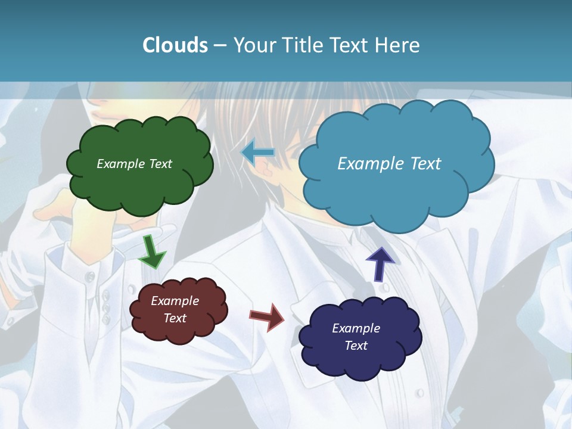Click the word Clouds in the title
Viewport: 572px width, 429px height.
coord(175,45)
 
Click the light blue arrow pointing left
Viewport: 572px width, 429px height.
coord(258,153)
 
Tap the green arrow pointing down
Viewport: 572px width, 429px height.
coord(152,253)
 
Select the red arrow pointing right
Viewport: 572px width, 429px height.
coord(268,316)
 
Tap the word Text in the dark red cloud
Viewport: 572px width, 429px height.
coord(175,318)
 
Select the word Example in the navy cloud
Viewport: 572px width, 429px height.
coord(356,328)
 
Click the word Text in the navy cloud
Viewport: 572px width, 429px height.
coord(356,346)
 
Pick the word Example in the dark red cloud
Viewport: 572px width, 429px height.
coord(175,301)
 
